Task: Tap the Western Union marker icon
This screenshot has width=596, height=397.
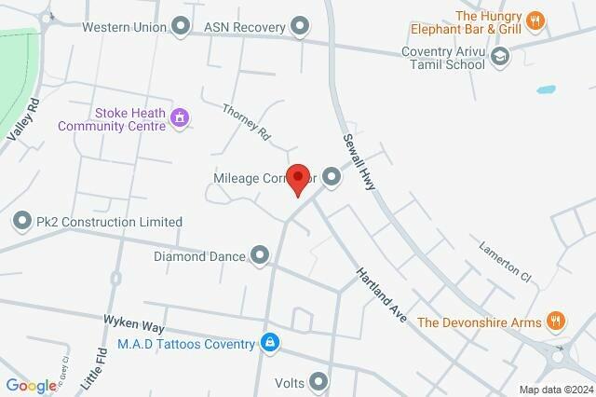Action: pos(182,25)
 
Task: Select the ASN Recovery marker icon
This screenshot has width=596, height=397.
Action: pos(299,26)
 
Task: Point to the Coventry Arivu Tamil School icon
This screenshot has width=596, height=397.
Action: pos(501,57)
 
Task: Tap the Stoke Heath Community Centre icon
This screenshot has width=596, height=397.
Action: pos(181,118)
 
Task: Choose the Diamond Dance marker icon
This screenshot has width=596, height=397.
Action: pos(259,254)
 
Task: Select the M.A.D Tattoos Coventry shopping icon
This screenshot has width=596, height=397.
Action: pos(269,344)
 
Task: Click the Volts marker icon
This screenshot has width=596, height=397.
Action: pos(319,381)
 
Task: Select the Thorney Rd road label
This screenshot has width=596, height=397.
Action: pos(246,122)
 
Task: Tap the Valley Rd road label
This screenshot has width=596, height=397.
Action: pos(20,120)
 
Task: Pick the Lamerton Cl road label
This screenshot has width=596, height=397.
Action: pos(504,263)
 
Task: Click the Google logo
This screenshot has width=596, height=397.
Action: pos(30,386)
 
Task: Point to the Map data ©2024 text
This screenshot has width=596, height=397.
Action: pos(556,390)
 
